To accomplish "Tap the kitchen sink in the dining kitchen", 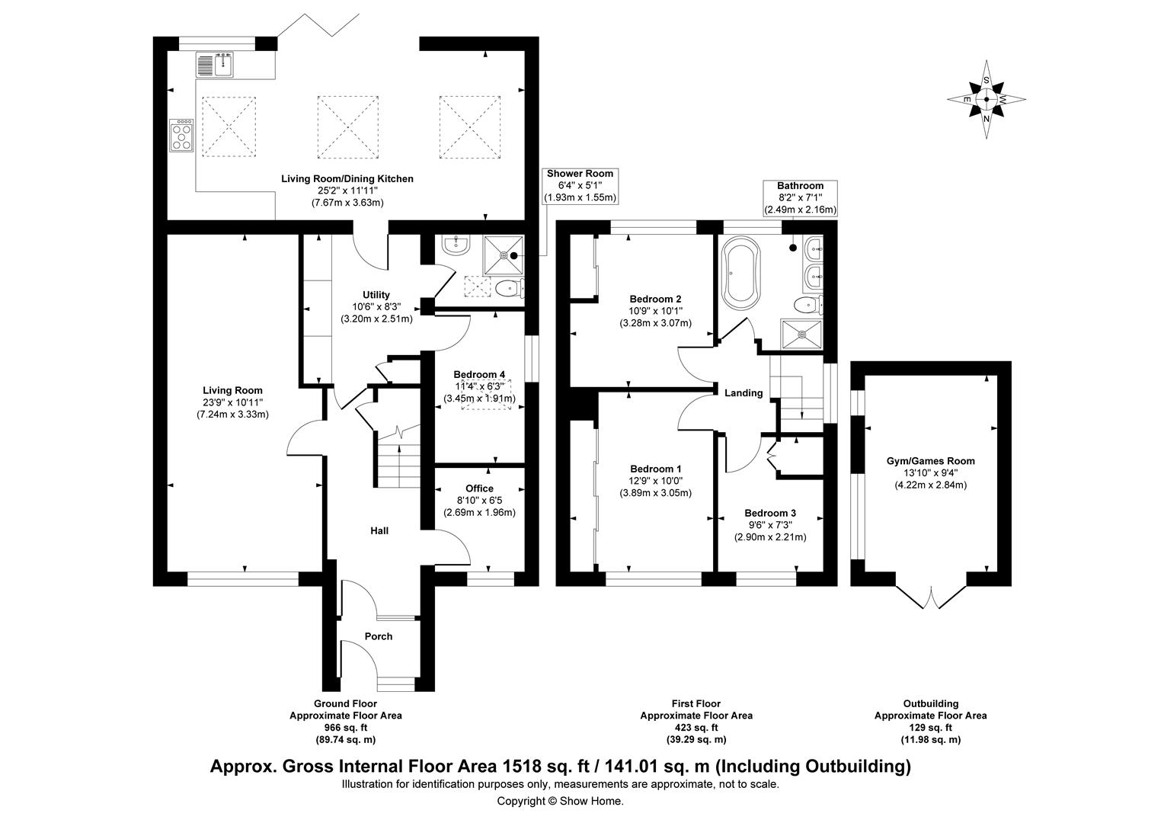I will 218,64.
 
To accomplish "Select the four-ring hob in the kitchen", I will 183,136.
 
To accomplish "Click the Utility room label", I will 376,295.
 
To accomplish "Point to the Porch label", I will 379,636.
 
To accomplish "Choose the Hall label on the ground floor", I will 379,530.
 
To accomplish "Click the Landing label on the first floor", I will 743,393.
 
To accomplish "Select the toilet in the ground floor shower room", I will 507,289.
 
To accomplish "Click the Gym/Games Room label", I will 930,461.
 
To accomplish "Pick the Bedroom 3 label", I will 770,513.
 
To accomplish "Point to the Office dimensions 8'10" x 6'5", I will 479,501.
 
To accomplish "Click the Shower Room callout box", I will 579,186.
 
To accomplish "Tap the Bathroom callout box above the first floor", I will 800,197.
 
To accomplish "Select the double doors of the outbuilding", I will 931,596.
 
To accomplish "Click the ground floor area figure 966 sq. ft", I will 345,728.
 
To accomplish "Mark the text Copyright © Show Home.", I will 560,801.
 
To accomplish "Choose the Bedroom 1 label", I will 655,469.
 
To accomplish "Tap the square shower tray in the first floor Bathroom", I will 801,333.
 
